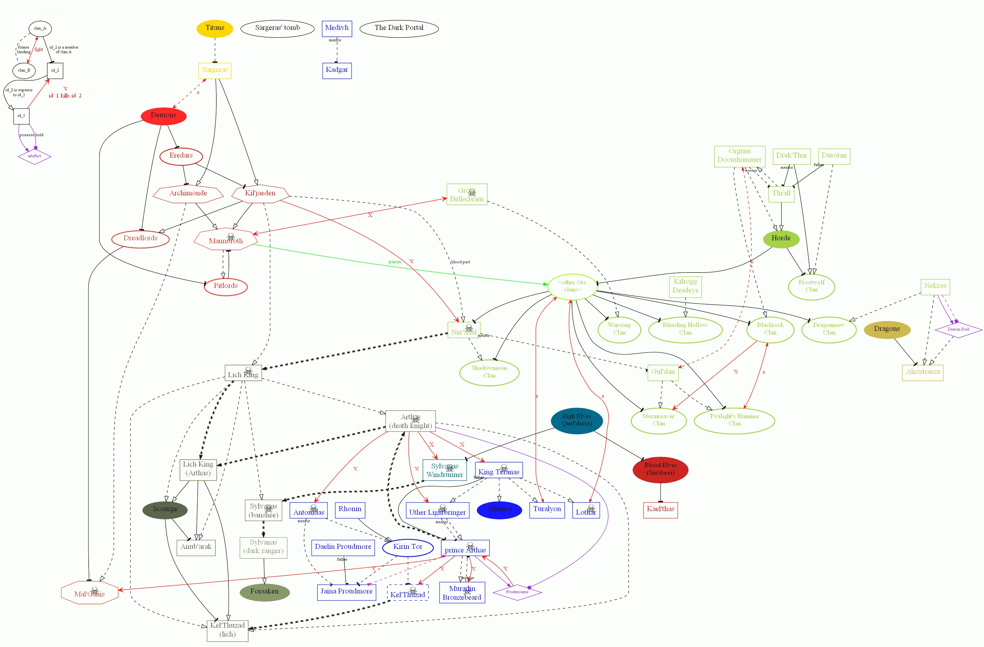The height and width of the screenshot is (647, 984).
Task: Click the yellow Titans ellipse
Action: click(x=215, y=29)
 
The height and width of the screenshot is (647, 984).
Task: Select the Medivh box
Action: click(x=337, y=29)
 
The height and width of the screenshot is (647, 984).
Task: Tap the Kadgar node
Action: click(x=337, y=70)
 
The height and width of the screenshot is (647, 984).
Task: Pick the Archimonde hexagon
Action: click(x=188, y=193)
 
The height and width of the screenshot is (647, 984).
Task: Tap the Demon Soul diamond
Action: click(x=958, y=330)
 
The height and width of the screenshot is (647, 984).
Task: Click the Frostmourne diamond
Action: click(x=517, y=592)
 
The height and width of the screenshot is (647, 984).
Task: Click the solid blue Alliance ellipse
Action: click(x=499, y=509)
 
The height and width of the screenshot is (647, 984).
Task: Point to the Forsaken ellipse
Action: click(x=264, y=592)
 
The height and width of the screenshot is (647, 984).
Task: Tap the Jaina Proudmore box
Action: click(x=346, y=592)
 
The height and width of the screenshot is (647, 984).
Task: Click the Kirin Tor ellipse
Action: click(x=408, y=547)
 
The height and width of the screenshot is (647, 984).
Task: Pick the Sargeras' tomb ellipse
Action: click(x=277, y=29)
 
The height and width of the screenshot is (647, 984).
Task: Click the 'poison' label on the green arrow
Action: click(x=394, y=262)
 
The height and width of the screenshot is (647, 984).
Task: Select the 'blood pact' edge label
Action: click(x=460, y=262)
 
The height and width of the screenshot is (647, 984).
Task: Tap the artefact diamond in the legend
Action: click(x=34, y=156)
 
